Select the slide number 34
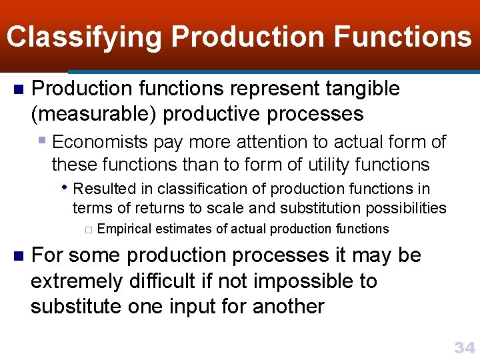pyautogui.click(x=464, y=347)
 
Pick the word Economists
pyautogui.click(x=100, y=142)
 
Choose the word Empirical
pyautogui.click(x=125, y=229)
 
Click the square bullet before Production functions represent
pyautogui.click(x=19, y=89)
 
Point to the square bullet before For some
pyautogui.click(x=19, y=256)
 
